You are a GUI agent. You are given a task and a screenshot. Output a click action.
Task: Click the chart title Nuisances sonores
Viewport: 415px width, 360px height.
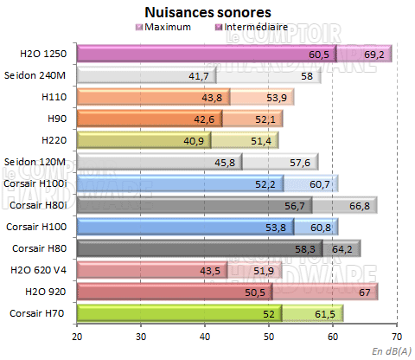tap(208, 12)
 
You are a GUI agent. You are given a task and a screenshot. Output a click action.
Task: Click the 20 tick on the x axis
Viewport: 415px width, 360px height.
tap(77, 337)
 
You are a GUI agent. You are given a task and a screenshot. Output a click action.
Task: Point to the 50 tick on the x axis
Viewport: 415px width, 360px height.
tap(269, 337)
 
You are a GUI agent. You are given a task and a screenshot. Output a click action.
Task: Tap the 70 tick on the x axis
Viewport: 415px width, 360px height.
tap(397, 337)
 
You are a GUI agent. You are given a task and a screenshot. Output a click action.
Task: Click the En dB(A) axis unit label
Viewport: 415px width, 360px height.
tap(392, 350)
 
